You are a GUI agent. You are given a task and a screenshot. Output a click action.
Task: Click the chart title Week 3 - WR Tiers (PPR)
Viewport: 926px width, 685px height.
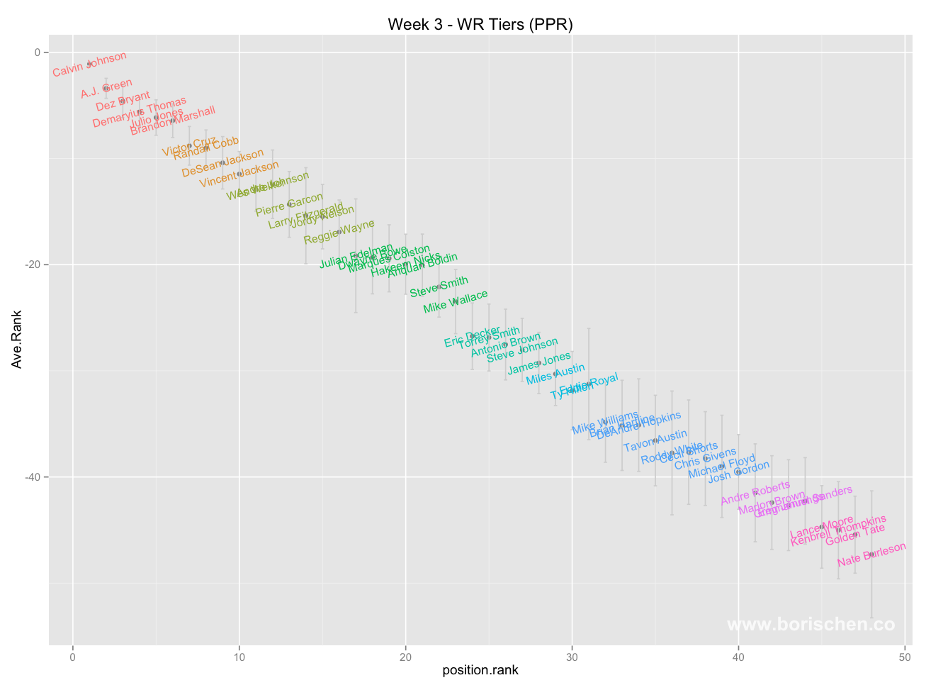pos(480,25)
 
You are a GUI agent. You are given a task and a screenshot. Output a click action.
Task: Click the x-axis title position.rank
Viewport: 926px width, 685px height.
pos(480,670)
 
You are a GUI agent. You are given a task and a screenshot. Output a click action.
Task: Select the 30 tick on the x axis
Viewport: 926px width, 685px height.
pos(572,657)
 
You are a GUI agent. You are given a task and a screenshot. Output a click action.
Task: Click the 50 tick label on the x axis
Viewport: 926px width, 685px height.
pos(905,657)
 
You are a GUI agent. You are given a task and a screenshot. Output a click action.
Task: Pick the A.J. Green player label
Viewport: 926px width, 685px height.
pos(106,89)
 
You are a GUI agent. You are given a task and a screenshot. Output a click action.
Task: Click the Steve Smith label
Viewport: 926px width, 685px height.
pos(439,287)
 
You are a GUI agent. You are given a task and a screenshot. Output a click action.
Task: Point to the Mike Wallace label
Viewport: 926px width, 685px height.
pos(456,302)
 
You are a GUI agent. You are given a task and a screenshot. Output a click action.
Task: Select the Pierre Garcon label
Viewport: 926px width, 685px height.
pos(289,205)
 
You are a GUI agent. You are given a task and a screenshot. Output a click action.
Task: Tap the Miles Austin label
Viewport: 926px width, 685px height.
pos(555,374)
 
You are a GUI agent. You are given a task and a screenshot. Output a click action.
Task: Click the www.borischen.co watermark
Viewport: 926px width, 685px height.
pos(811,625)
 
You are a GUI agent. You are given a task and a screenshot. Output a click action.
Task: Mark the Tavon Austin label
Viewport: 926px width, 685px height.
pos(655,441)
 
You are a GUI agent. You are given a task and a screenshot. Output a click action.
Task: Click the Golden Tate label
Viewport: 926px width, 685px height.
pos(855,535)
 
